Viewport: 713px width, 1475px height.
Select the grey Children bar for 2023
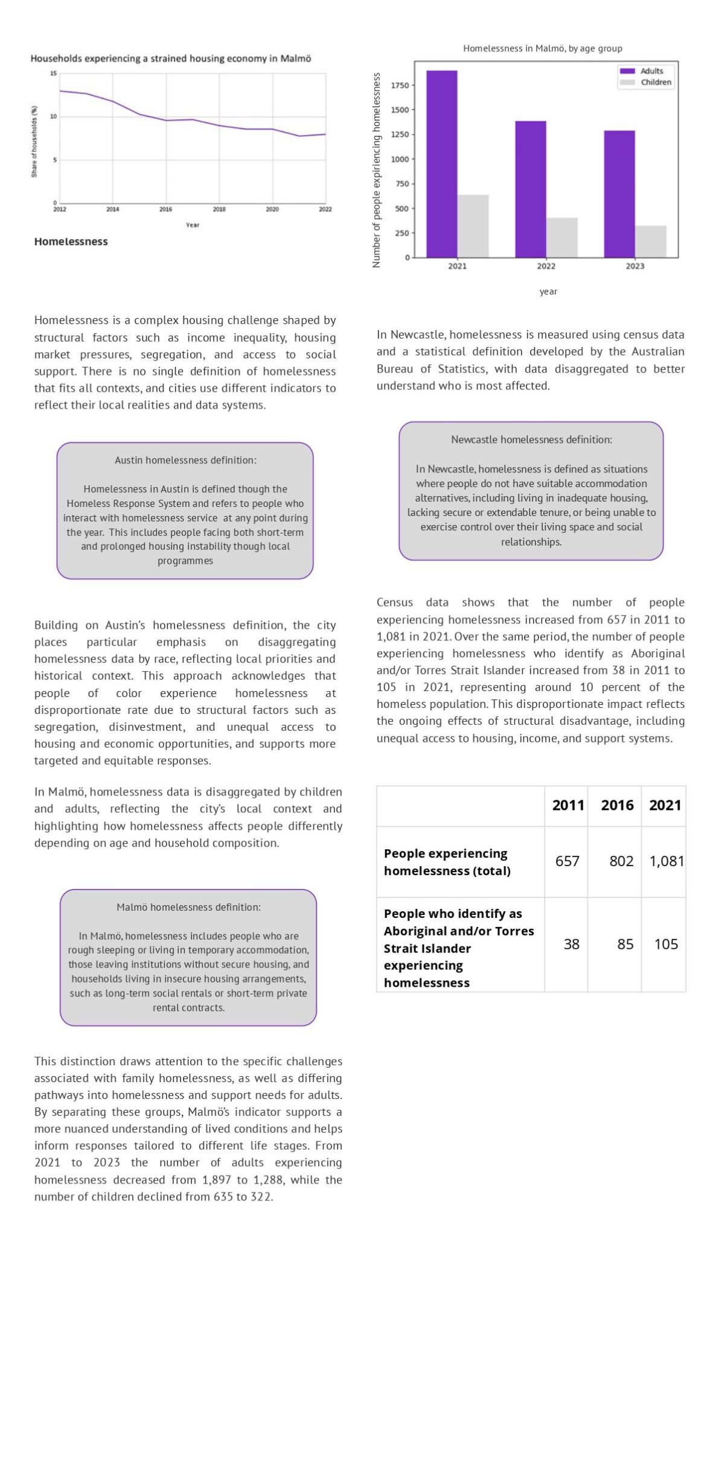point(650,241)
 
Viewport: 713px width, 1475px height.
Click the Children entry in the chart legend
point(656,82)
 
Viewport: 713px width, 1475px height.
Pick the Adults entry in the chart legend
point(651,71)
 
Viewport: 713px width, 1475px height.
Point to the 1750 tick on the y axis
point(400,85)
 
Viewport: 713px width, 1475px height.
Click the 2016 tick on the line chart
point(165,209)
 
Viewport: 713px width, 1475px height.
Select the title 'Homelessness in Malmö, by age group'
point(542,48)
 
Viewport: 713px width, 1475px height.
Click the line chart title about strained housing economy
point(171,59)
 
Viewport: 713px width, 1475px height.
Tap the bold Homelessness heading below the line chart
point(71,241)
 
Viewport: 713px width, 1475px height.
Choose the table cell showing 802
point(621,861)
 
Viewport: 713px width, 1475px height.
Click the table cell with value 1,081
point(666,861)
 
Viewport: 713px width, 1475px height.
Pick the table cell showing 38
point(571,944)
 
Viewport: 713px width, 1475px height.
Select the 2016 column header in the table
point(617,805)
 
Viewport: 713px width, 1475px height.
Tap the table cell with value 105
point(666,944)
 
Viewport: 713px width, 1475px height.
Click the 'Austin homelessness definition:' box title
point(185,460)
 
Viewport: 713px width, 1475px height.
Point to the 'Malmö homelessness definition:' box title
point(188,906)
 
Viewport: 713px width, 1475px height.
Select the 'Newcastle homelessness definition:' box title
point(531,439)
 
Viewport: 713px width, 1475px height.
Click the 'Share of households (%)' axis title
point(34,141)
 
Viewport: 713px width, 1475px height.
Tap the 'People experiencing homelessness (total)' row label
point(447,862)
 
